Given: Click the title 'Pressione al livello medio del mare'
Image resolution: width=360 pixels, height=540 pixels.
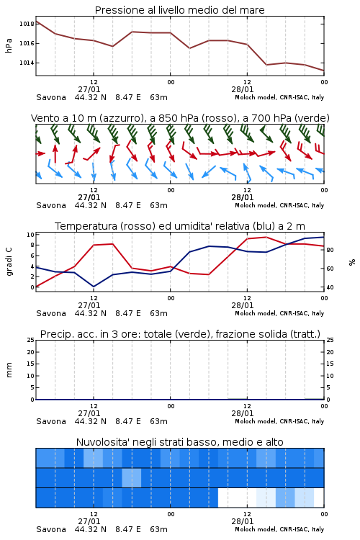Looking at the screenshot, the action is [179, 10].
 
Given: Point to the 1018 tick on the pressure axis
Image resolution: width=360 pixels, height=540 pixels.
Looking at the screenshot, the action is [27, 24].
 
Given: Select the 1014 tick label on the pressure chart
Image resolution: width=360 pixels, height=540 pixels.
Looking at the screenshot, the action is [27, 63].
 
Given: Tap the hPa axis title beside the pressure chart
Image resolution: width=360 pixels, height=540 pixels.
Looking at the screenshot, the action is [9, 45].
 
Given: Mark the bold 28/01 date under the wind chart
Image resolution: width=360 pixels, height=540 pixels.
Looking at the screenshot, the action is [242, 197].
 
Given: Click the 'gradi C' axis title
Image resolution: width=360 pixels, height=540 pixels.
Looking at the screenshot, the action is [9, 262].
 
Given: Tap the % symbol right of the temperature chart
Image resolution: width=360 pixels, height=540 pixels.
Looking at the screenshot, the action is [352, 262].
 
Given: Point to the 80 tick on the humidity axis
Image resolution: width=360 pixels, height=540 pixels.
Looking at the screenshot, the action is [330, 250].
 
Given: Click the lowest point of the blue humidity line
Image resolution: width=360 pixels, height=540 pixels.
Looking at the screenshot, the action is [94, 287].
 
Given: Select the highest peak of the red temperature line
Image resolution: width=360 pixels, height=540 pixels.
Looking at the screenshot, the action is [266, 237].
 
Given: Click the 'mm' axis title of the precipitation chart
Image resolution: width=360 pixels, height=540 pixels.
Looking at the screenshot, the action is [9, 370].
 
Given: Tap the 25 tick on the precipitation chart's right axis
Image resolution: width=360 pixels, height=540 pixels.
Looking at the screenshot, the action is [330, 340].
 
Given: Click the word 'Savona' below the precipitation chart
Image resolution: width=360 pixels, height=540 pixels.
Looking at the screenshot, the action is [51, 421].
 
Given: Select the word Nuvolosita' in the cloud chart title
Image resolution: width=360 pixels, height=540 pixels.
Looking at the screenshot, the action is [99, 442].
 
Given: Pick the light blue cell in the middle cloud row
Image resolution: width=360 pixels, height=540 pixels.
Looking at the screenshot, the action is [132, 477].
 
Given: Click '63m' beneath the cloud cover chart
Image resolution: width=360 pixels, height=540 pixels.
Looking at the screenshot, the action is [158, 529].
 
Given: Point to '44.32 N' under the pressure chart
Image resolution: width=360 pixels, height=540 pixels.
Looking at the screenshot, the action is [90, 97].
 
